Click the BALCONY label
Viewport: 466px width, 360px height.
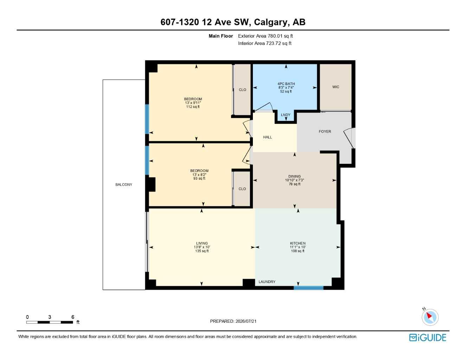[124, 185]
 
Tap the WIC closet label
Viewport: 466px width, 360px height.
[336, 87]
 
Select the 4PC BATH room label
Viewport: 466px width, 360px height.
[286, 84]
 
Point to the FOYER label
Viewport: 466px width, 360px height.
[325, 131]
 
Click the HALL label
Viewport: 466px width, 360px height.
[267, 137]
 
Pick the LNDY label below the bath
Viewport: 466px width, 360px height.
[286, 115]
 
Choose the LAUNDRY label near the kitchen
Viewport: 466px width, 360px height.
[267, 282]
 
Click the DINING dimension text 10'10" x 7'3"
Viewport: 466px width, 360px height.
[294, 180]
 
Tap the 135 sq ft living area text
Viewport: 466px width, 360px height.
[202, 251]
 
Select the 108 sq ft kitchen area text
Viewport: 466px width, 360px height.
[298, 251]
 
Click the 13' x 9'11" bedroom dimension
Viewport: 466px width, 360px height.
[193, 103]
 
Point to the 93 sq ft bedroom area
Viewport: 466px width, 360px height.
[199, 178]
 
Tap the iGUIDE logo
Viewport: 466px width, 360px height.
[428, 337]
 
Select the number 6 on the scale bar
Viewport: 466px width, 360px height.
[73, 317]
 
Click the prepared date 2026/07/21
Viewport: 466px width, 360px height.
[246, 321]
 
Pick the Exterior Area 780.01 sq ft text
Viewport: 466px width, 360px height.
[265, 36]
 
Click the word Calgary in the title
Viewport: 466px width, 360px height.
[271, 22]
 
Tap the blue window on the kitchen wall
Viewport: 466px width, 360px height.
[308, 288]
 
